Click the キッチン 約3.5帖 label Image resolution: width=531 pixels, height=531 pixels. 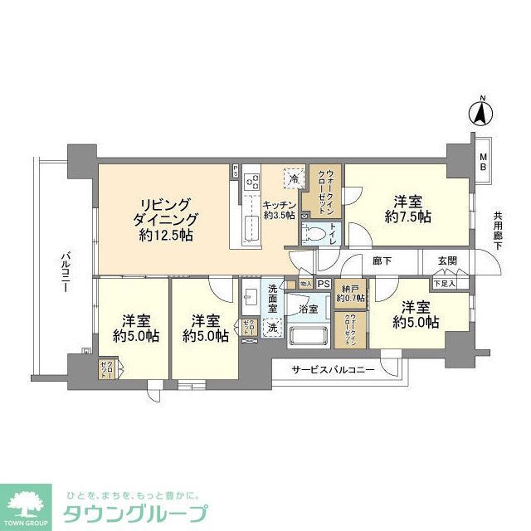[280, 210]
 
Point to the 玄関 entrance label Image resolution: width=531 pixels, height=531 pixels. [447, 261]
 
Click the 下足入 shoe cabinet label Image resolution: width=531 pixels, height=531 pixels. [446, 283]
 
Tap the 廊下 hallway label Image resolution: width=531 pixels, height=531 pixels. [382, 261]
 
